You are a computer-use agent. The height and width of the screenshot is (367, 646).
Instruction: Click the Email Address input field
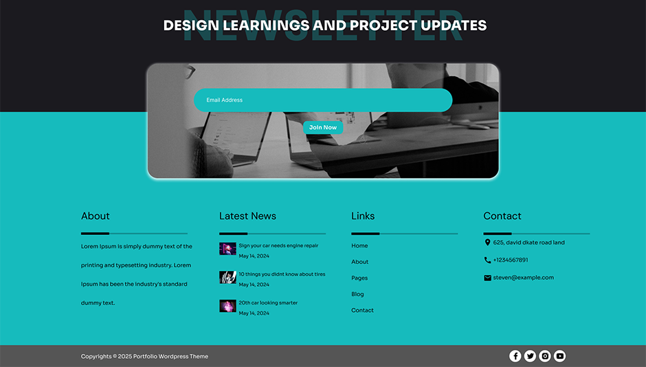[323, 100]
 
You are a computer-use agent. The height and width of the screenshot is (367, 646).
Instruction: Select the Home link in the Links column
[359, 246]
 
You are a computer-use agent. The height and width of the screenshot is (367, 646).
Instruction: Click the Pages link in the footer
[359, 278]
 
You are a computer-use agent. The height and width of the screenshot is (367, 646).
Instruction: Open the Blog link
[357, 294]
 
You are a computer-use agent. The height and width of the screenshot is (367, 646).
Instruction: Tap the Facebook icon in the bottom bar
[515, 356]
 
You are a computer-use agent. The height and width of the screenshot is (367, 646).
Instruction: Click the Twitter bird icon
[530, 356]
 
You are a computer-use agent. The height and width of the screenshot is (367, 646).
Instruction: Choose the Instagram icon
[545, 356]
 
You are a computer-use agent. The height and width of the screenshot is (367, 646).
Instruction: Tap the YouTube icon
[560, 356]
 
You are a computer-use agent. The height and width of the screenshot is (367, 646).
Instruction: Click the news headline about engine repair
[278, 245]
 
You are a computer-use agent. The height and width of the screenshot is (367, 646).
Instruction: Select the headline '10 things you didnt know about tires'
[282, 274]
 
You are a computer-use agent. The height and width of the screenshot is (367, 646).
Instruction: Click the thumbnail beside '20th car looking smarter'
[227, 306]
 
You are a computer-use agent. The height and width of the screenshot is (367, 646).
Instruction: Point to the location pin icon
[487, 243]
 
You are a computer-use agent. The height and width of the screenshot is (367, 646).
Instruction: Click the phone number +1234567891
[511, 260]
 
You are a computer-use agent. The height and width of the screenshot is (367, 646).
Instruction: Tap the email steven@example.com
[523, 278]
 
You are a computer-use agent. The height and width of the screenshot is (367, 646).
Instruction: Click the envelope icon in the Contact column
[487, 278]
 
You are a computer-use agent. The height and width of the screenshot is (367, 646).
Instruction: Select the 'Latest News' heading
[247, 216]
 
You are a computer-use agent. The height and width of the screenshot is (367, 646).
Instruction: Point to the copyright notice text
[144, 357]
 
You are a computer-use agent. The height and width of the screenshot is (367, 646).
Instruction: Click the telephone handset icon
[487, 260]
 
